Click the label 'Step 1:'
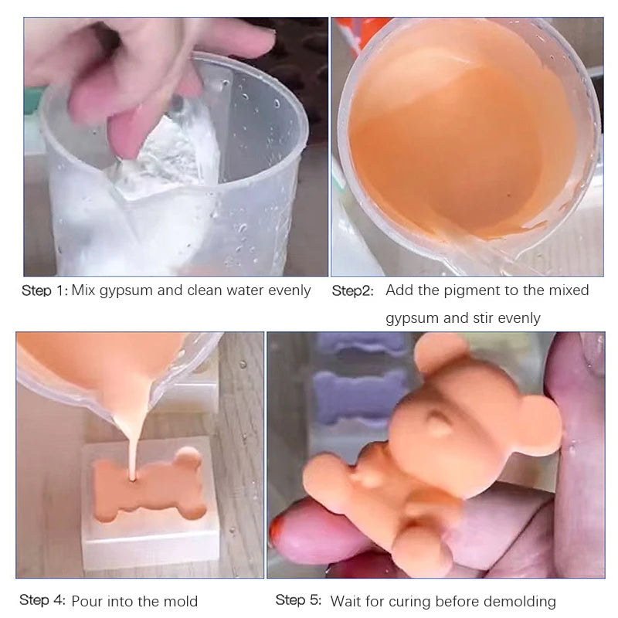pyautogui.click(x=45, y=290)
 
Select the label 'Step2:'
pyautogui.click(x=352, y=291)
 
